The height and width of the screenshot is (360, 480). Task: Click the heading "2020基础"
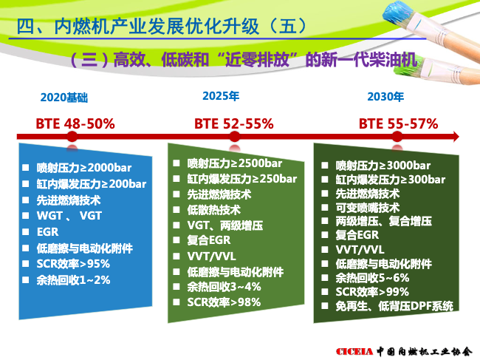click(x=64, y=98)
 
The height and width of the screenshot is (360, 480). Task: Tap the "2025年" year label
click(x=221, y=96)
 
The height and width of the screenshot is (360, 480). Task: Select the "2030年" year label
click(x=385, y=97)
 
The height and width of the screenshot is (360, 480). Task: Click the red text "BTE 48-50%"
click(x=75, y=124)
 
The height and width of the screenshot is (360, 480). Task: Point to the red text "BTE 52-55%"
click(x=234, y=123)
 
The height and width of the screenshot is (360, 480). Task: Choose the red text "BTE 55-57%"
click(x=398, y=123)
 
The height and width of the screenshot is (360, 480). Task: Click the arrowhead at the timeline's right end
click(x=456, y=137)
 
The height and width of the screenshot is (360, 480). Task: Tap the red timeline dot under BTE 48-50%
click(x=72, y=137)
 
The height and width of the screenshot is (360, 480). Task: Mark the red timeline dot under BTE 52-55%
click(x=235, y=137)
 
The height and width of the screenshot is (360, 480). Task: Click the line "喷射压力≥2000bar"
click(x=84, y=168)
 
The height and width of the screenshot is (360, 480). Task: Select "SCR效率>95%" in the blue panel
click(x=73, y=264)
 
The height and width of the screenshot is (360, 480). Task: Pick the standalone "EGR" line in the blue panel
click(x=47, y=232)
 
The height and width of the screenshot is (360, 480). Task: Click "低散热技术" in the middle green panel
click(x=214, y=210)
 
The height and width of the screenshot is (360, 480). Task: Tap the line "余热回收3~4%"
click(x=224, y=287)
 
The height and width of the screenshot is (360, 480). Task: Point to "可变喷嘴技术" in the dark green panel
click(x=367, y=208)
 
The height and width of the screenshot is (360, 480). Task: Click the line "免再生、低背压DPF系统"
click(x=394, y=306)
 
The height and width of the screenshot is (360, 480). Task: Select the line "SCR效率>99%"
click(x=372, y=292)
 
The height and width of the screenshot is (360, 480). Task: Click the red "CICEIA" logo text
click(x=354, y=352)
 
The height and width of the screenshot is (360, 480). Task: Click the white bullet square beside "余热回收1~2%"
click(x=25, y=280)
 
